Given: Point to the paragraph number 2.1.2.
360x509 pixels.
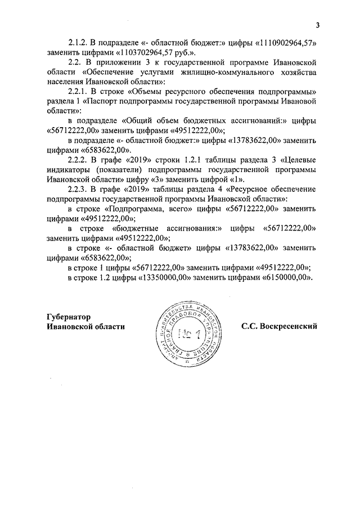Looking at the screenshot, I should [x=78, y=43].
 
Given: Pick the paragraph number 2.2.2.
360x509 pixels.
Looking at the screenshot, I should [x=78, y=162].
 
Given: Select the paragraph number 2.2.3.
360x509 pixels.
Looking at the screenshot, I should [x=78, y=191].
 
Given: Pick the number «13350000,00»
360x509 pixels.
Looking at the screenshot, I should [x=165, y=277].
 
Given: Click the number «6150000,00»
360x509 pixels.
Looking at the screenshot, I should [x=285, y=277].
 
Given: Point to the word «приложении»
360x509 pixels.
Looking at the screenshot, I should [x=121, y=62].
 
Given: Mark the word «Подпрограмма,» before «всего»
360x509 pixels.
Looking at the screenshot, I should [x=133, y=210].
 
